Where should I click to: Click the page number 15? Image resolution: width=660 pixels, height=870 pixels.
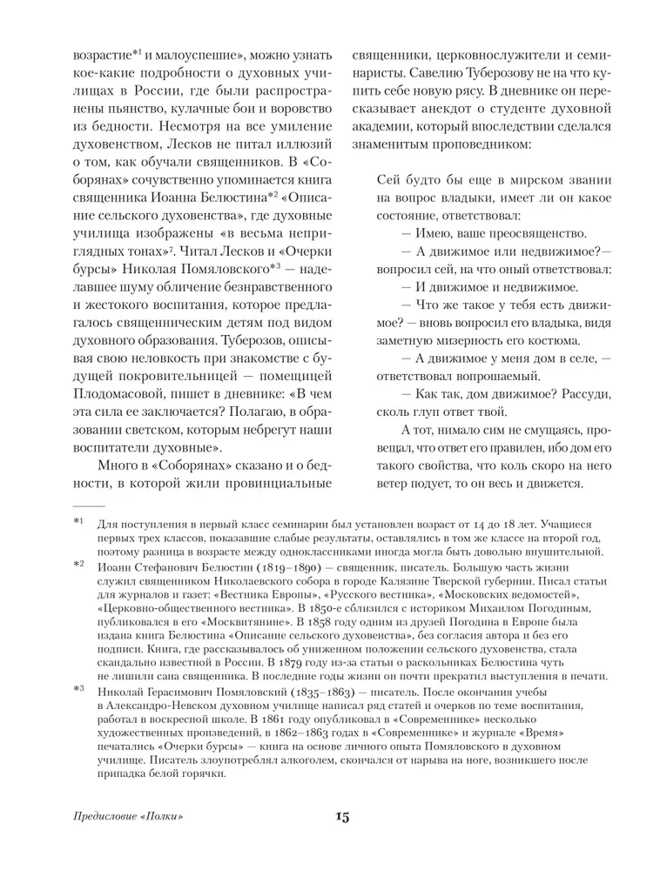pos(340,816)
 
